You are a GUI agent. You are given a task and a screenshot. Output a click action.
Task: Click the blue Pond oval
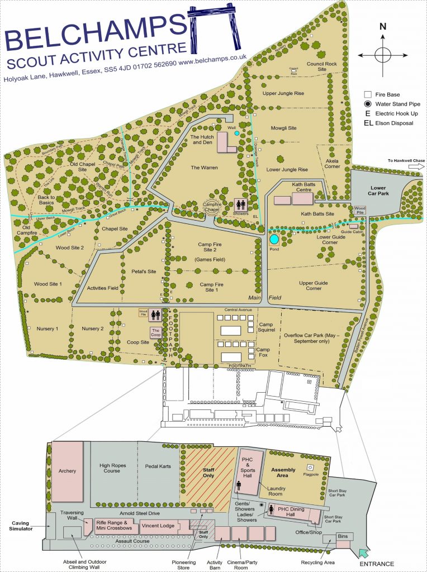click(274, 239)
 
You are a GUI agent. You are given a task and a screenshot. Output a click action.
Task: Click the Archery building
click(67, 470)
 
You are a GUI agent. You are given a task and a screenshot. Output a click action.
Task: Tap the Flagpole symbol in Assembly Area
click(309, 467)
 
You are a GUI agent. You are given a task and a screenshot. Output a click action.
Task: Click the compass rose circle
click(383, 55)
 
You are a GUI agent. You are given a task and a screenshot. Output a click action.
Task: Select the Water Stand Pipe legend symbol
click(367, 104)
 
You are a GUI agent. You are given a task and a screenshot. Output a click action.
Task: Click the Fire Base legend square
click(367, 94)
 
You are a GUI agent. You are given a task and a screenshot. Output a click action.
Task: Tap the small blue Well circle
click(236, 134)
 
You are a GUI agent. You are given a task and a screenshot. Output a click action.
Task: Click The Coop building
click(156, 332)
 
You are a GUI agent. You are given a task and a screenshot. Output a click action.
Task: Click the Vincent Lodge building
click(157, 526)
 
